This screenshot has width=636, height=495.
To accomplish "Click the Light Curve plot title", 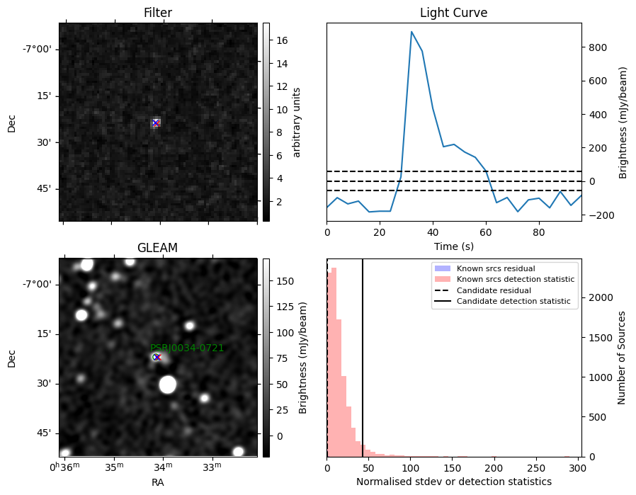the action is coord(453,13).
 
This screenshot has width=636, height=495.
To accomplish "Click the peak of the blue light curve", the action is coord(411,32).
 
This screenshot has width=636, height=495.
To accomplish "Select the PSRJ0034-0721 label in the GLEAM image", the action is coord(187,348).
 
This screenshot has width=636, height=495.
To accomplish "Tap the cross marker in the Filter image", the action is coord(156,123).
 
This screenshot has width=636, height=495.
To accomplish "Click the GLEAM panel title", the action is coord(157,248).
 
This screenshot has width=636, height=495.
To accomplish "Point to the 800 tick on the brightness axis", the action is coord(598,47).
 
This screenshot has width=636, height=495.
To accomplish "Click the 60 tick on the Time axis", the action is coord(486,232).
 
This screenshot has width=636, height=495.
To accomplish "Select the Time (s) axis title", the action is coord(454,246).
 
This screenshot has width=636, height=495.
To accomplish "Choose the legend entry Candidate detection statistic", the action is coord(513,301).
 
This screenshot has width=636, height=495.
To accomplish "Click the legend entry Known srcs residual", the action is coord(496,268).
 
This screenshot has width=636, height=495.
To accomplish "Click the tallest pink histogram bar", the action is coord(334,362).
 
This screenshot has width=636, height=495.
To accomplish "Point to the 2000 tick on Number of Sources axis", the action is coord(601,297).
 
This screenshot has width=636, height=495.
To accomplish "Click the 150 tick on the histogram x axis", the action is coord(453,468).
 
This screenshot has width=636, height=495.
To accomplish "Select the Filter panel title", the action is coord(158,13).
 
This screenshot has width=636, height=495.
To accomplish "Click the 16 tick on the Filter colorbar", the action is coord(281,40).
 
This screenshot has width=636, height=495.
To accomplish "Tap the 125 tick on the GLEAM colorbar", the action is coord(285,307).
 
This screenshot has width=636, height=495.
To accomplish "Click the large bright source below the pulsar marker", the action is coord(168,385).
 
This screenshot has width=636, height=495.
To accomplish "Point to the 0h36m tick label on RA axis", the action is coord(64,467).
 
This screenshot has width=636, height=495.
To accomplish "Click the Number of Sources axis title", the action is coord(621,358).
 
